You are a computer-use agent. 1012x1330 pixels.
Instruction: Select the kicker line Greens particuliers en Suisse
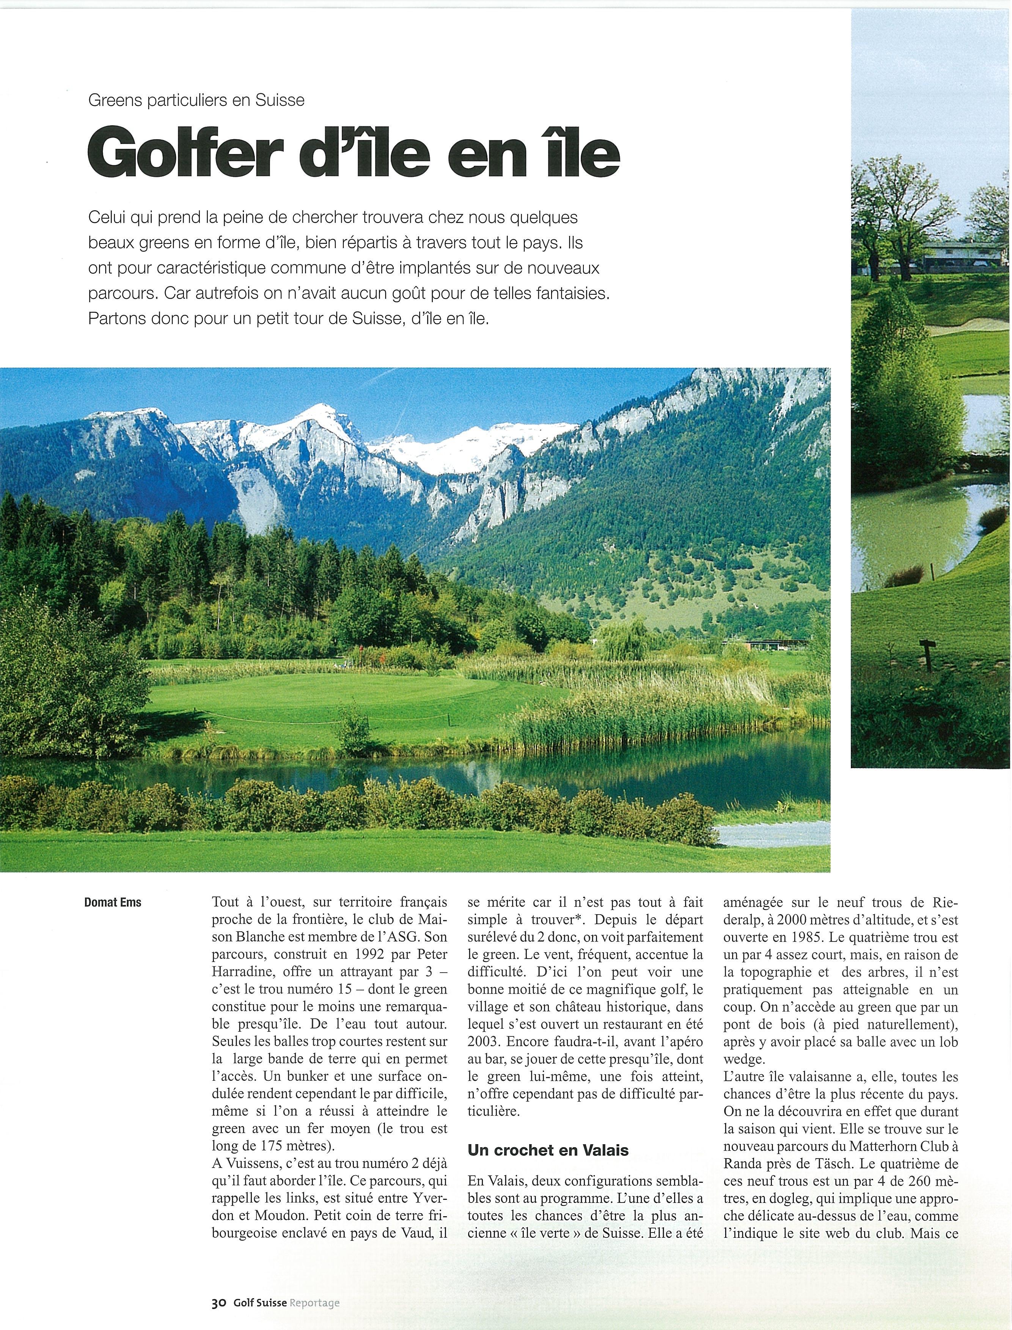pos(196,100)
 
